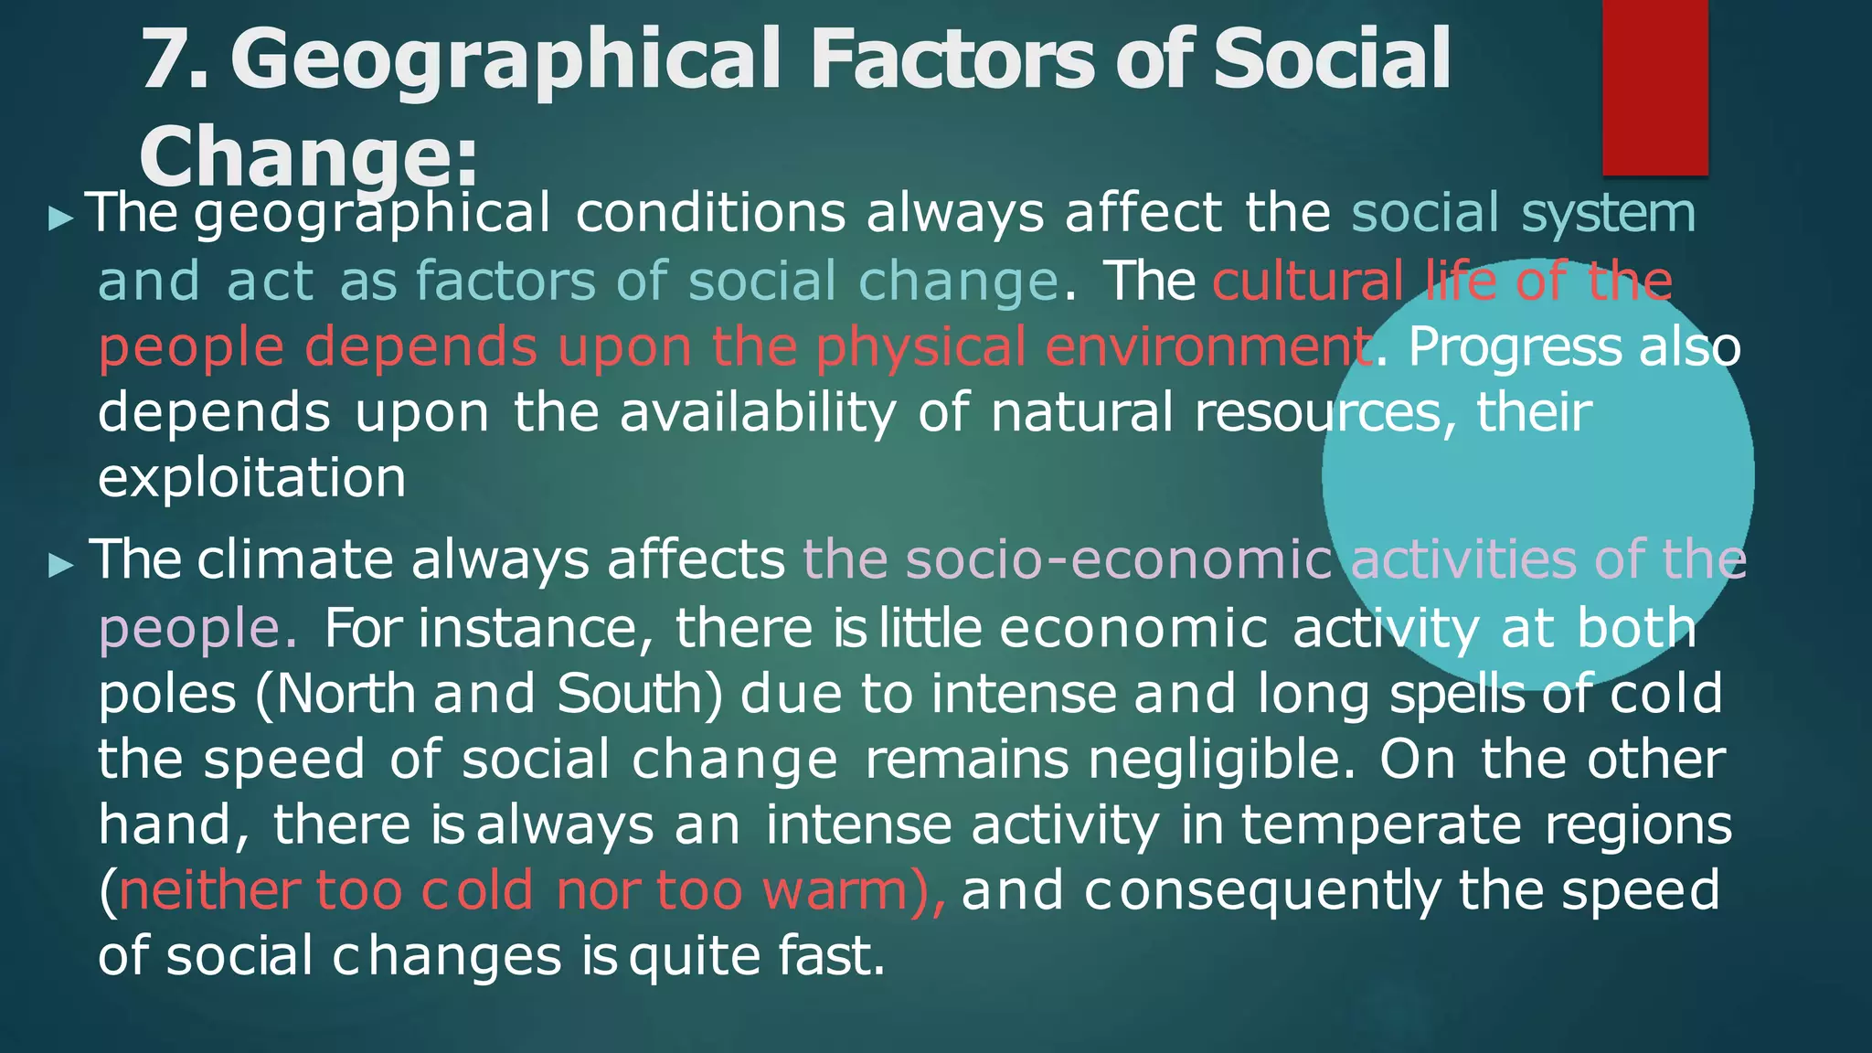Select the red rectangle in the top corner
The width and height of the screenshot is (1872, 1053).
[1654, 87]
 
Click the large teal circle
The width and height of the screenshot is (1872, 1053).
[1537, 475]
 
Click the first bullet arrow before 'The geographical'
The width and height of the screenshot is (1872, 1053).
[60, 218]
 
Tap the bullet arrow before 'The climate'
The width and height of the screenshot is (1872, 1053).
[60, 564]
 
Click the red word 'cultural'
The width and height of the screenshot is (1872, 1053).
[1308, 281]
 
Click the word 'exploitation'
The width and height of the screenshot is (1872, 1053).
[251, 478]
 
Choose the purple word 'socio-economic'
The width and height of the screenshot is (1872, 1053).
[1067, 559]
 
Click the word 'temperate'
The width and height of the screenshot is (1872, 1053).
[1380, 825]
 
